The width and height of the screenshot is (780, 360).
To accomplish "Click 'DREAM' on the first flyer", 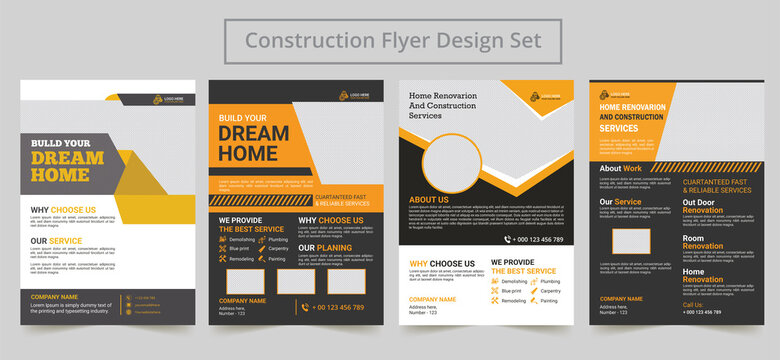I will point(67,158).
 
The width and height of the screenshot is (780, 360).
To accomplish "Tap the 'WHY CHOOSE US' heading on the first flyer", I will point(63,210).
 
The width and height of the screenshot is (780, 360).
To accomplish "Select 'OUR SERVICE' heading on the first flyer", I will point(57,241).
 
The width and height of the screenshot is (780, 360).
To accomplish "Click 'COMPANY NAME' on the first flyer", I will point(54,297).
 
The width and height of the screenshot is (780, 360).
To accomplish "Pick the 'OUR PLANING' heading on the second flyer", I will point(326,247).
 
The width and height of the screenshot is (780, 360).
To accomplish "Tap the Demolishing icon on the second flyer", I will point(223,240).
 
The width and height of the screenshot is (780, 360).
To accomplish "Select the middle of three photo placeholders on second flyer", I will point(296,281).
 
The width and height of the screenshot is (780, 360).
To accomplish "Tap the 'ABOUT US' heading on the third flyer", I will point(429,200).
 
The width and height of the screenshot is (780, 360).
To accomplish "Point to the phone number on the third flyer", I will point(538,240).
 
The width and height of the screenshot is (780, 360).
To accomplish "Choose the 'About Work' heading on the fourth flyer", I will point(620,168).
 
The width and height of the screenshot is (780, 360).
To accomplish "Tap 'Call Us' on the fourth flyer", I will point(693,304).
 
